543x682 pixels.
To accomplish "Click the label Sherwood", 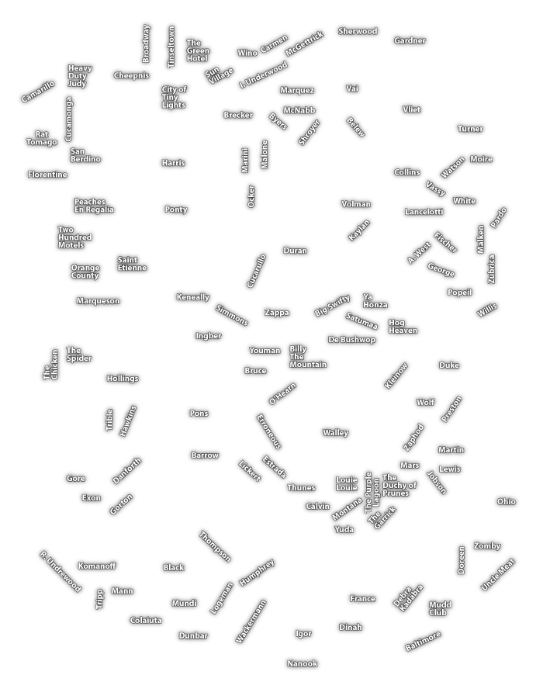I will [x=358, y=32].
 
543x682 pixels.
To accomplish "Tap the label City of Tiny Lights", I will [x=174, y=97].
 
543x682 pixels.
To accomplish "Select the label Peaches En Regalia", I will [x=94, y=206].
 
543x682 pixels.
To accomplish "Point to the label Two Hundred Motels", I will [x=74, y=237].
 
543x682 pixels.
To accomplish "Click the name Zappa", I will [x=277, y=313].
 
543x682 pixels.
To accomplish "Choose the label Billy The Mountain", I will [x=307, y=357].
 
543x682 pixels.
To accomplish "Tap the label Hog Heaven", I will [x=403, y=327].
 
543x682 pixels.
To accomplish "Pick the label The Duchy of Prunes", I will [x=399, y=486].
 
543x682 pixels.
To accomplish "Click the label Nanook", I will [x=303, y=664].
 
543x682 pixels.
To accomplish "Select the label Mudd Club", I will [x=440, y=608].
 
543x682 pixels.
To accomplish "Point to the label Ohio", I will [x=506, y=502].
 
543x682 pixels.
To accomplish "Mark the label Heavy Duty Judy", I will [x=79, y=76].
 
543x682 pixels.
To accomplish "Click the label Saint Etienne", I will [x=132, y=264].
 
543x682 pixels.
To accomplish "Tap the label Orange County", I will [x=85, y=272].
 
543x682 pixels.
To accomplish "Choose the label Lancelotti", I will [x=424, y=212].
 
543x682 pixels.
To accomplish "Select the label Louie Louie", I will [x=347, y=484].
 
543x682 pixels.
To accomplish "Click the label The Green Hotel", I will [x=197, y=51].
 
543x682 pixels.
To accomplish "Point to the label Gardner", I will [x=410, y=41].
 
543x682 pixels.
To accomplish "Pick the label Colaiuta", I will [x=146, y=620].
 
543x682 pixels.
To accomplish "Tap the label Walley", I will [x=336, y=433].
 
